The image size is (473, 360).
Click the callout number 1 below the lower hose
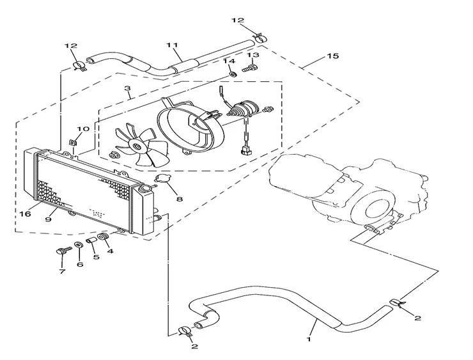pyautogui.click(x=310, y=333)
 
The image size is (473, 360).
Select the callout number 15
pyautogui.click(x=331, y=57)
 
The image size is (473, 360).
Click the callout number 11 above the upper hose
pyautogui.click(x=171, y=45)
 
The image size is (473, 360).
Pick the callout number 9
pyautogui.click(x=49, y=219)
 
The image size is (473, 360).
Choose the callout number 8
pyautogui.click(x=179, y=199)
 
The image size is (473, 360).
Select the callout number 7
pyautogui.click(x=62, y=271)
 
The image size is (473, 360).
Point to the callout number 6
pyautogui.click(x=79, y=264)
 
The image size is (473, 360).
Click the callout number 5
pyautogui.click(x=96, y=258)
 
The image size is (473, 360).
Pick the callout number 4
pyautogui.click(x=110, y=251)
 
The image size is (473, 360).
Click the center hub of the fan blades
pyautogui.click(x=136, y=146)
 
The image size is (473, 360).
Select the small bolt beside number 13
pyautogui.click(x=251, y=67)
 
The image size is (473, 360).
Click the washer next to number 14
pyautogui.click(x=233, y=73)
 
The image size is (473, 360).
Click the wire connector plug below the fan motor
pyautogui.click(x=244, y=152)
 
